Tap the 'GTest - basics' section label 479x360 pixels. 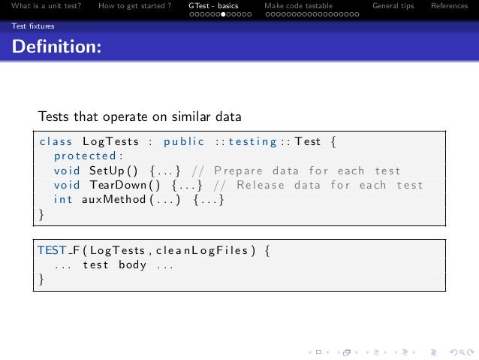(x=213, y=7)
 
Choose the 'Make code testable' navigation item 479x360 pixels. (x=298, y=7)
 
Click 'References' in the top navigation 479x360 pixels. (x=449, y=7)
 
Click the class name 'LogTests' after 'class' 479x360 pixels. (x=108, y=141)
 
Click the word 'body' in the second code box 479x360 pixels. (x=131, y=265)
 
